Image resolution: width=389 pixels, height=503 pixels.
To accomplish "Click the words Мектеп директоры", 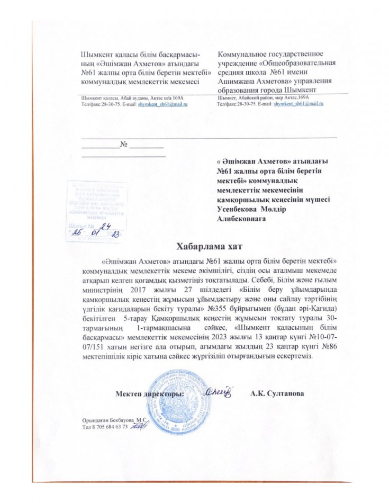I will point(150,394).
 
